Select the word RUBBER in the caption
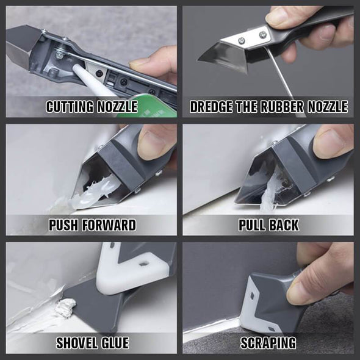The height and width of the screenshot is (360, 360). coord(281,107)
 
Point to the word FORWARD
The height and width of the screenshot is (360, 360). coord(111,225)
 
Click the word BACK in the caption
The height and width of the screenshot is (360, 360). coord(284,225)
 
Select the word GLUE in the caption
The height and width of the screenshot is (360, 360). coord(115,343)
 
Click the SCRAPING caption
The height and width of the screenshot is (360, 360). coord(268,343)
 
